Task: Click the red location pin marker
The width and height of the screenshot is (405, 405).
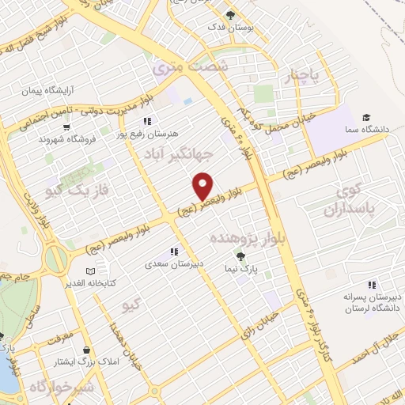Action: coord(203,185)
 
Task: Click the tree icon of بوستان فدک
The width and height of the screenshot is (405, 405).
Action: coord(230,15)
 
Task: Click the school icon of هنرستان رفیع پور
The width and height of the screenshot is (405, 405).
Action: coord(146,121)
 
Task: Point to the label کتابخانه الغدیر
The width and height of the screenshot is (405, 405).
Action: coord(115,282)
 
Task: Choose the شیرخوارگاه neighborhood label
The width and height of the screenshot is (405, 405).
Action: coord(62,388)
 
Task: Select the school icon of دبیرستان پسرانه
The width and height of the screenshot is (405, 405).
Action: coord(371,286)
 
